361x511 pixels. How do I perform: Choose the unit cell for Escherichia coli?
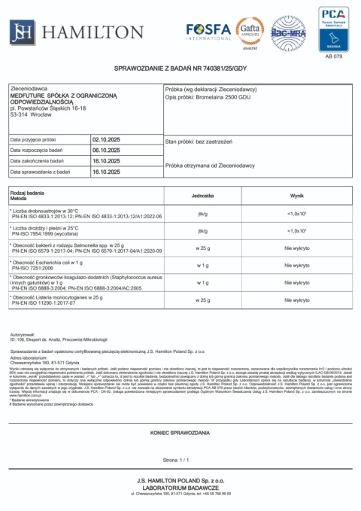click(x=202, y=265)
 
